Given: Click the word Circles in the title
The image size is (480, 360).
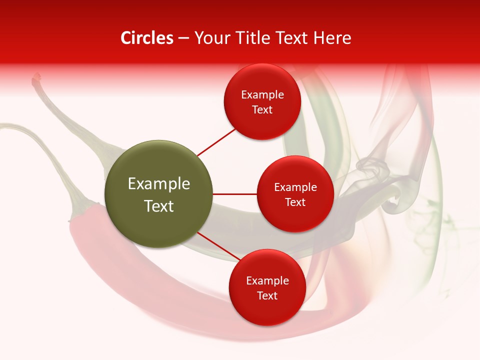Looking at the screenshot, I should pyautogui.click(x=147, y=38).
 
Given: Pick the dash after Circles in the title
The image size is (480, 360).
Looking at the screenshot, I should pyautogui.click(x=183, y=38).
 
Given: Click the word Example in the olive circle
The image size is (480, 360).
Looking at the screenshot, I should pyautogui.click(x=159, y=184).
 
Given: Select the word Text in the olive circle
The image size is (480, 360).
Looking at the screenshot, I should pyautogui.click(x=159, y=206).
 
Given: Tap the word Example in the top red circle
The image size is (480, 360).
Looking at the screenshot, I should pyautogui.click(x=262, y=95).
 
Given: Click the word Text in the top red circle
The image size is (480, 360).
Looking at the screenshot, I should pyautogui.click(x=262, y=110).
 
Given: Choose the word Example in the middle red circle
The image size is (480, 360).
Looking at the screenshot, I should pyautogui.click(x=295, y=187).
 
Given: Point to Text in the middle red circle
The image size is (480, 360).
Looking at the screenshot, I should pyautogui.click(x=295, y=202).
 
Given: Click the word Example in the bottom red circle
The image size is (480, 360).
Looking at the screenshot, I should pyautogui.click(x=267, y=281).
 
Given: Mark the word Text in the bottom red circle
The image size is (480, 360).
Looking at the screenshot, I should pyautogui.click(x=267, y=296).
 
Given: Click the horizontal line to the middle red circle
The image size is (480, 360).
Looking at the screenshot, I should pyautogui.click(x=235, y=194).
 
